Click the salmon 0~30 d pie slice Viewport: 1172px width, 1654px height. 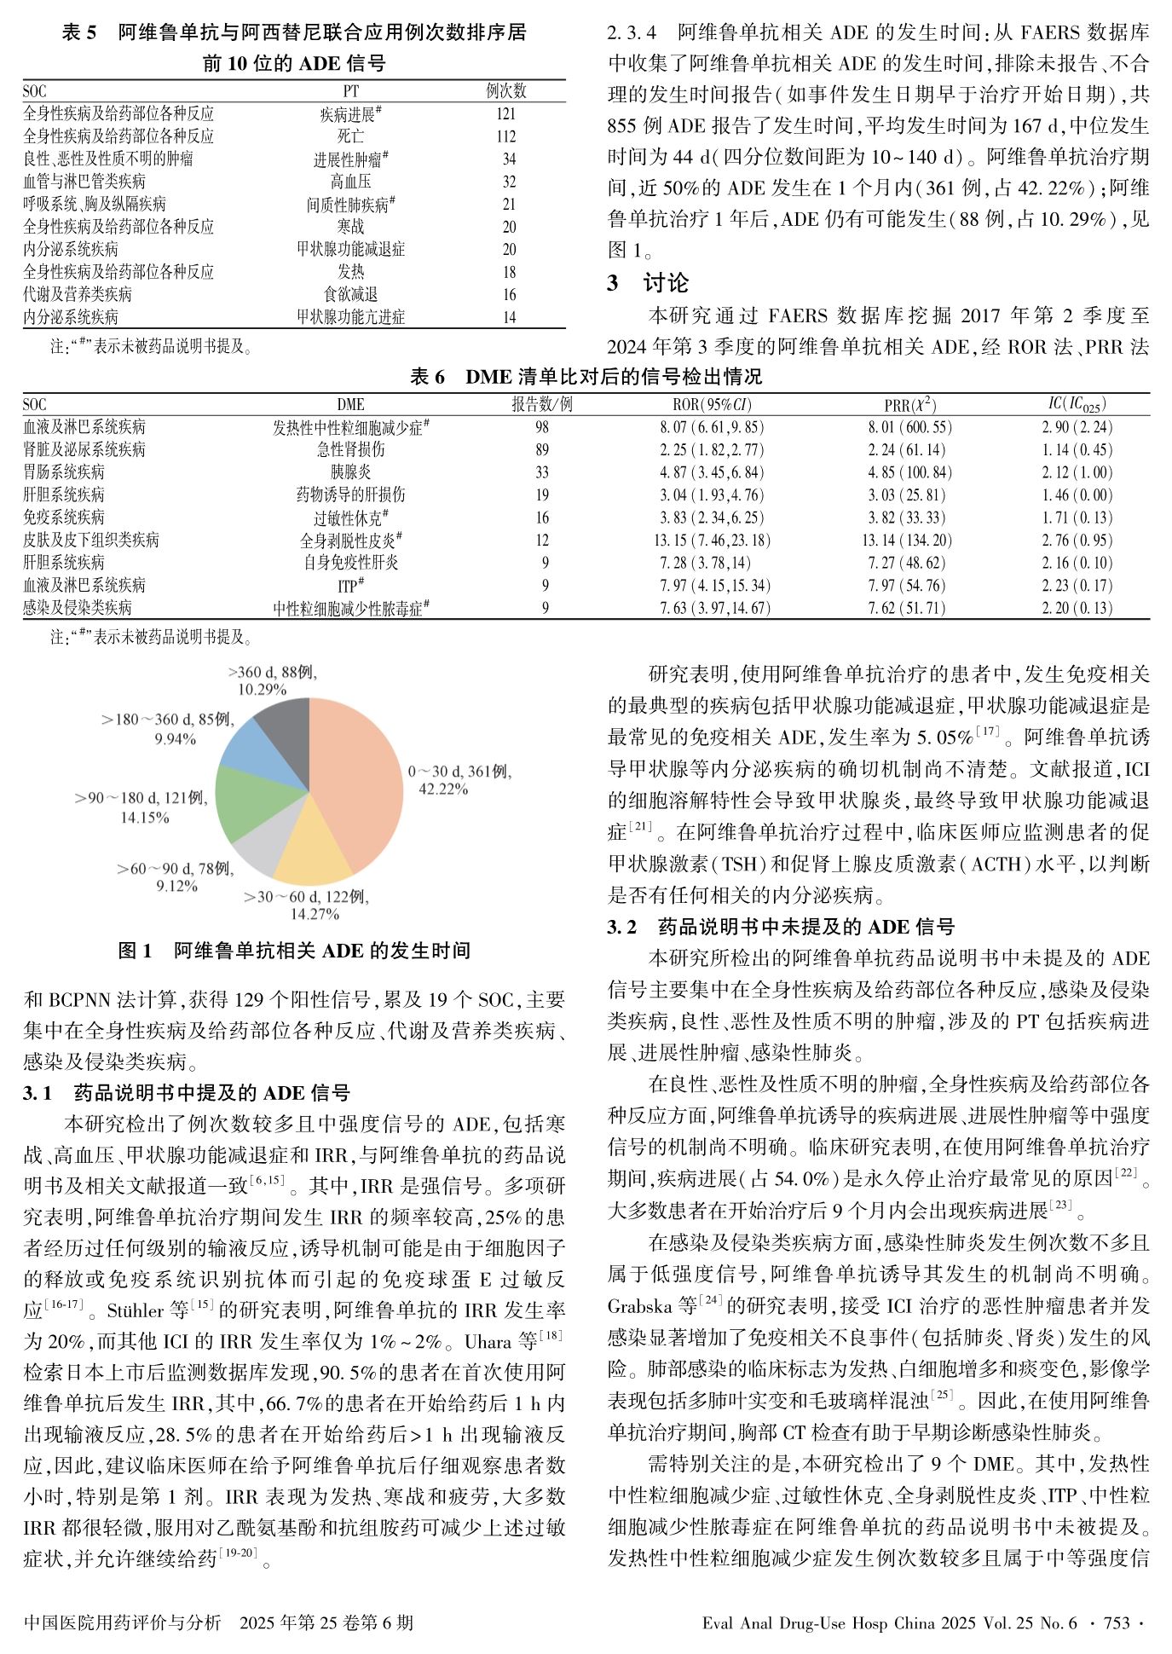(x=358, y=784)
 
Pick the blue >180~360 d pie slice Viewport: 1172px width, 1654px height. (x=251, y=746)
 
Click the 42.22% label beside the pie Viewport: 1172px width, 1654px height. (x=442, y=789)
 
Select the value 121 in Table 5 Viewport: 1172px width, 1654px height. (x=505, y=113)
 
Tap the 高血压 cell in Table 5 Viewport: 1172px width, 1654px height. (x=350, y=182)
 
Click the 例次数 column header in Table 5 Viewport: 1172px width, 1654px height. (x=505, y=91)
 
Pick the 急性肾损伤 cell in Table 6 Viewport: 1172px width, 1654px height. (x=350, y=449)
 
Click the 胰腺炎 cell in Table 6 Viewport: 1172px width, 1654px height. (x=350, y=472)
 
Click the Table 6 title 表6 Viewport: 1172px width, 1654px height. (x=427, y=377)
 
